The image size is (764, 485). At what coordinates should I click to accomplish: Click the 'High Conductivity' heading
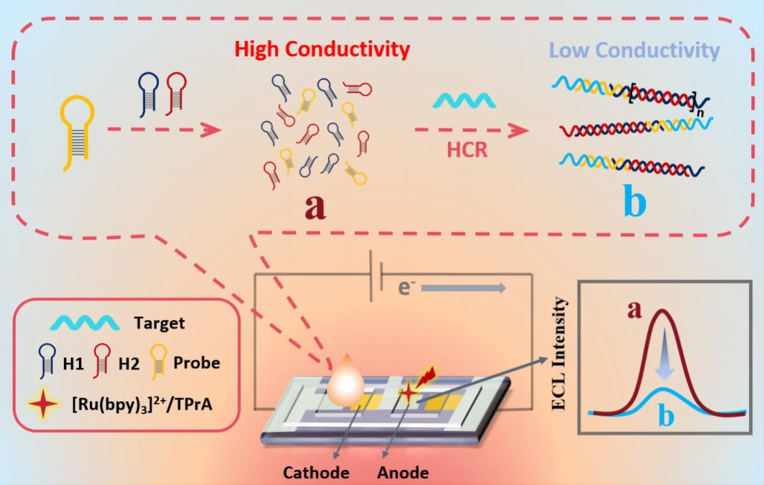tap(322, 49)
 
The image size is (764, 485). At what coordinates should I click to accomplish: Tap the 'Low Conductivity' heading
tap(634, 51)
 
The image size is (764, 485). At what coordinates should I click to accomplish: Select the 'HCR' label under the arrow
tap(467, 149)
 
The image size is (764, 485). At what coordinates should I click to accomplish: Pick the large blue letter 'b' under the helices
tap(634, 202)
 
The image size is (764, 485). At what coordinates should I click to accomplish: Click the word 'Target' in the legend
tap(159, 323)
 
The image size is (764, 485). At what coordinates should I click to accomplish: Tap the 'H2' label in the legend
tap(129, 363)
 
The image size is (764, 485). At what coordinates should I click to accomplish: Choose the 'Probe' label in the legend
tap(196, 363)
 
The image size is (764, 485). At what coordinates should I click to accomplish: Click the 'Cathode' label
tap(316, 473)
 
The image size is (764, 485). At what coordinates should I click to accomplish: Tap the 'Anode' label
tap(403, 473)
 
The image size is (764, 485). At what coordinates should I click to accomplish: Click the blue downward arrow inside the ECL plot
tap(664, 358)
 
